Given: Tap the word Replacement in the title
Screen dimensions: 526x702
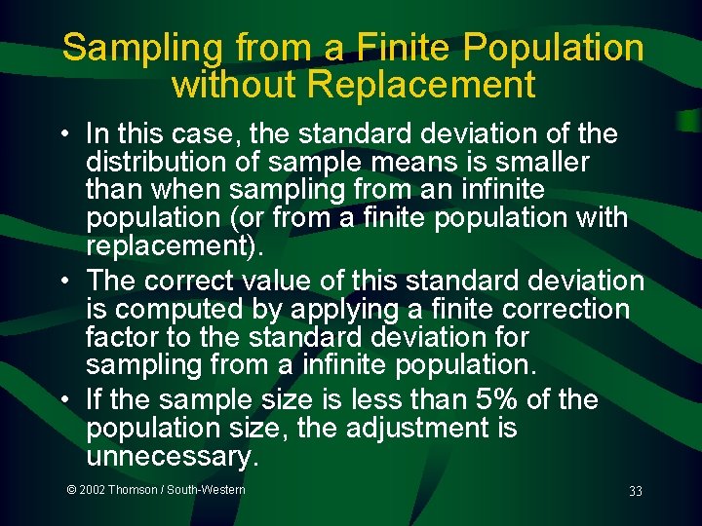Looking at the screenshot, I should [x=421, y=85].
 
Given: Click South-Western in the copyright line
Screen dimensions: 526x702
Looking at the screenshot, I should [x=206, y=490].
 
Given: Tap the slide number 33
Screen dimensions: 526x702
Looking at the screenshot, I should [x=635, y=492].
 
